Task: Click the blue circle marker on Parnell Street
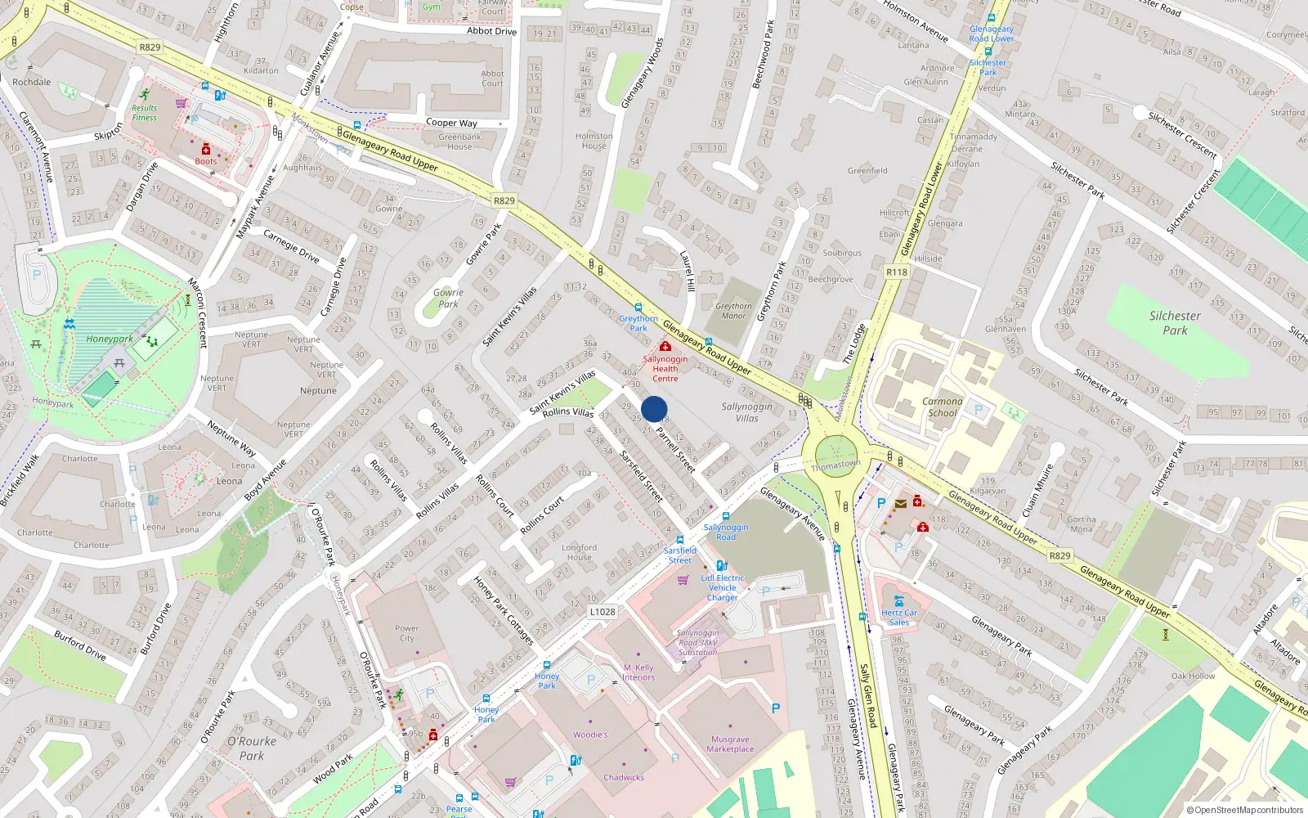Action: [654, 409]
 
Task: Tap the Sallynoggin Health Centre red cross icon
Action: [665, 347]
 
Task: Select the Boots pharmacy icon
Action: [206, 150]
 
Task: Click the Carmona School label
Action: [942, 407]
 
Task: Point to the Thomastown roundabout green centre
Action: [835, 455]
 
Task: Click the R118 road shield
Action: [897, 272]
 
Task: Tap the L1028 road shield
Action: [602, 612]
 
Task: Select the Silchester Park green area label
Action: [1175, 323]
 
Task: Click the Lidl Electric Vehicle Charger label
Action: [723, 587]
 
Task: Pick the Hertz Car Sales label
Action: [899, 618]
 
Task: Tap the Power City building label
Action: [406, 633]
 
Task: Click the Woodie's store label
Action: [590, 735]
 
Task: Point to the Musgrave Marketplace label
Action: [730, 744]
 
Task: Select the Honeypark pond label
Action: [110, 339]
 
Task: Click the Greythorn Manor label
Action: [733, 311]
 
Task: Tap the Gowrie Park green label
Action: [448, 298]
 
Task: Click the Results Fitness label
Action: [145, 113]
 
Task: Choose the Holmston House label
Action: [594, 141]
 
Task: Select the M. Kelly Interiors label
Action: [638, 672]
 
